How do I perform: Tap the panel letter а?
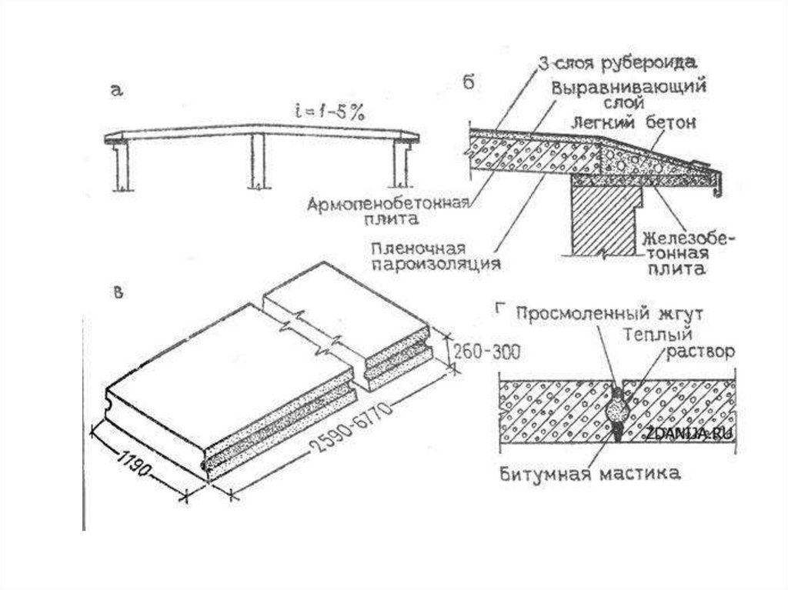(x=116, y=92)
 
